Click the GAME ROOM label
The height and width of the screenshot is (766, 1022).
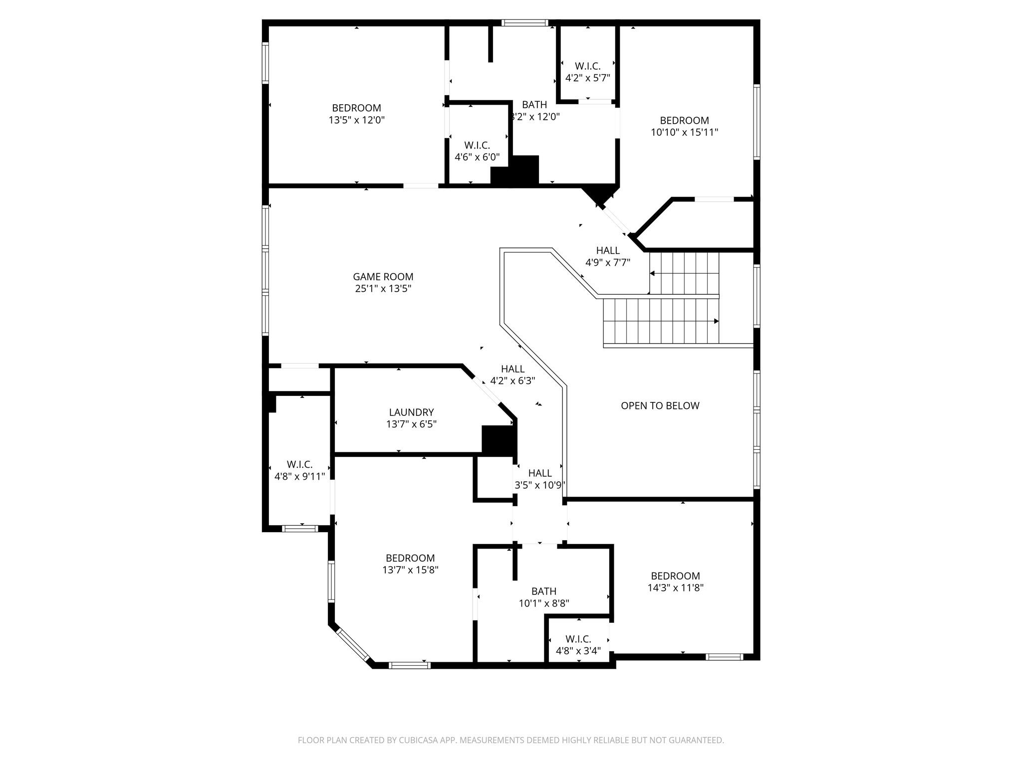(383, 277)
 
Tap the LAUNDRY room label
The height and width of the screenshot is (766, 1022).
(411, 412)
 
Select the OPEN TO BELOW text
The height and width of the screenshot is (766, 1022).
(660, 406)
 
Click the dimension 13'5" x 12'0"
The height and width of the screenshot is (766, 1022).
(356, 120)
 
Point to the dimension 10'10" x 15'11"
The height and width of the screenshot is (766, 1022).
(684, 133)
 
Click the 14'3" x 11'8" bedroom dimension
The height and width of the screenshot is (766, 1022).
(675, 588)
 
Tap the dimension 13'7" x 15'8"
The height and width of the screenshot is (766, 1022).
(410, 570)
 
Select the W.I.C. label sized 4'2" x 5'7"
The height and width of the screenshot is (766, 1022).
(587, 66)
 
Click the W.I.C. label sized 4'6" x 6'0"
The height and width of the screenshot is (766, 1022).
(477, 145)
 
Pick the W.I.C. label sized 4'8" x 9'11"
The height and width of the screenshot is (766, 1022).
(299, 464)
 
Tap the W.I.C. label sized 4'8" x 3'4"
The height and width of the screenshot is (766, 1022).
(578, 639)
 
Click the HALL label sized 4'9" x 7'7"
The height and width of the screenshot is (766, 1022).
(607, 251)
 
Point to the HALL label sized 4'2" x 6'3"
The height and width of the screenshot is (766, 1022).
(512, 369)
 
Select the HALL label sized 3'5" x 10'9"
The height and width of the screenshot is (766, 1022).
(539, 473)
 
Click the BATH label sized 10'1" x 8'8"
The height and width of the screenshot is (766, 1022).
(543, 591)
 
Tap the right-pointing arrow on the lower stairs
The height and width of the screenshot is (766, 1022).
(716, 321)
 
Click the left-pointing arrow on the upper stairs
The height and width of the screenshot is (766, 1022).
(652, 273)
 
